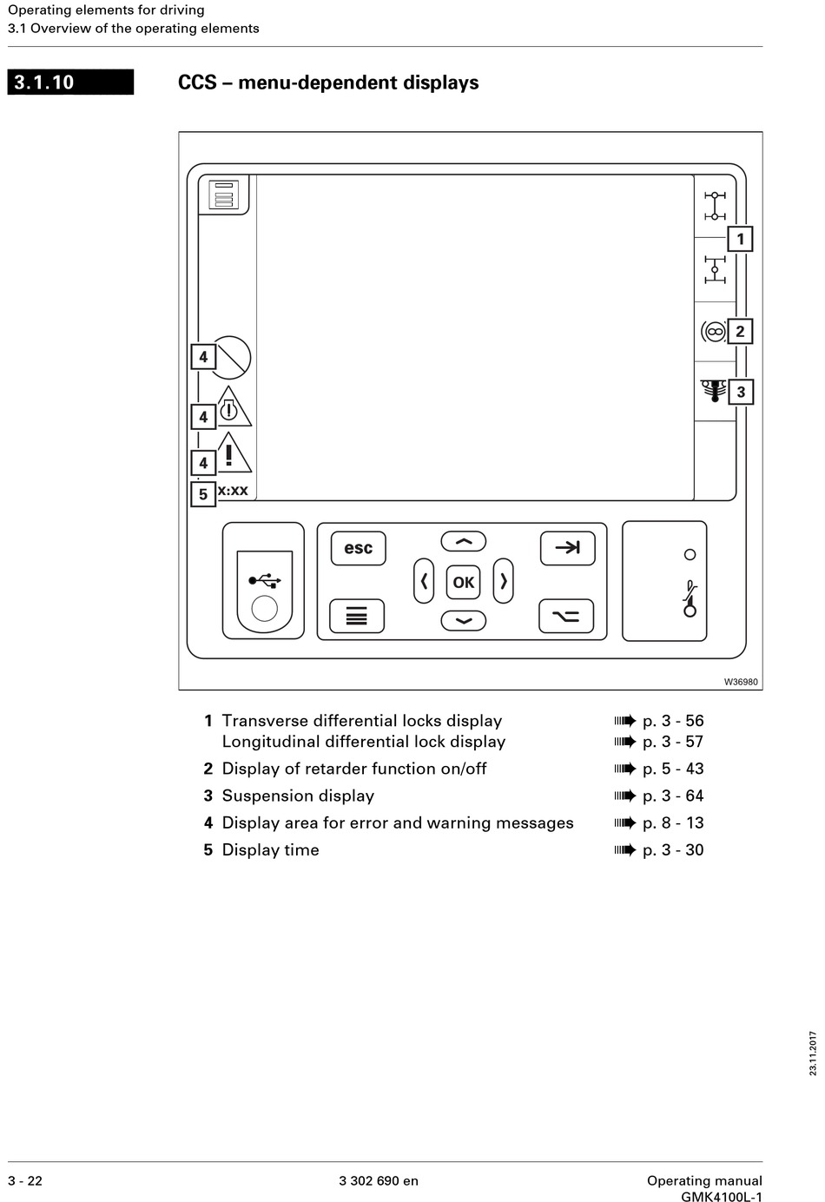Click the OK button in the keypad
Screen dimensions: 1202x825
pos(463,582)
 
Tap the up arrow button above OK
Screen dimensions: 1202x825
pos(464,542)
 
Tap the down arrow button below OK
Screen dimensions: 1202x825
pos(464,621)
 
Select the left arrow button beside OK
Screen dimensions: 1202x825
pos(424,581)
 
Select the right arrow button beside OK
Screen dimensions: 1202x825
pos(504,581)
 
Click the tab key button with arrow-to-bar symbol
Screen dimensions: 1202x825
pos(567,548)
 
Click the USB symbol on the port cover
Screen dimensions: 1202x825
pos(264,579)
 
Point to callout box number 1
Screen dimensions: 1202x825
pos(740,239)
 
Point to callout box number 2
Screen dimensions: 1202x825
pos(740,331)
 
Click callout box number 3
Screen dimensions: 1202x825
pos(740,392)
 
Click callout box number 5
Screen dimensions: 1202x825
pos(203,494)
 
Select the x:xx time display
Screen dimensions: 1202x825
pos(233,491)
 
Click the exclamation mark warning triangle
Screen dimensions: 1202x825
pos(230,454)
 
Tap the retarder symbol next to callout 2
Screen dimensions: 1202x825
pos(713,331)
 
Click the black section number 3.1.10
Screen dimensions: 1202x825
pos(70,83)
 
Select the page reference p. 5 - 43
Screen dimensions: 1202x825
pos(673,769)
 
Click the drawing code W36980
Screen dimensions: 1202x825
pos(741,682)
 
